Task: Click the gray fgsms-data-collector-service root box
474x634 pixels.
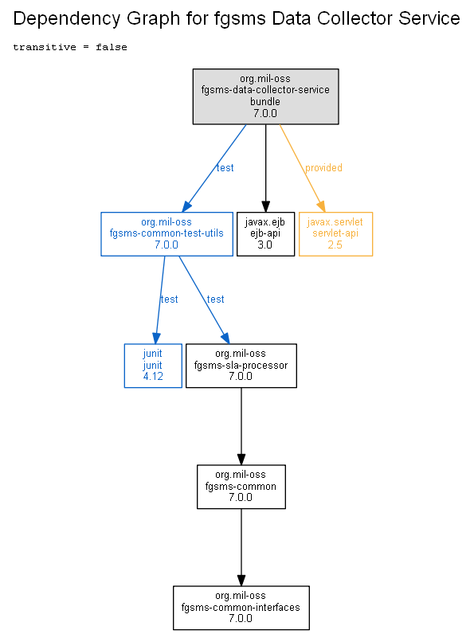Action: click(x=266, y=96)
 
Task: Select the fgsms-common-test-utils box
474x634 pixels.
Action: click(x=166, y=233)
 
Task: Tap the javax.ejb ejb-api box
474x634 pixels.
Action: click(x=265, y=233)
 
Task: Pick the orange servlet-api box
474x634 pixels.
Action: click(x=335, y=233)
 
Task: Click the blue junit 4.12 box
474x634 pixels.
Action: click(x=153, y=366)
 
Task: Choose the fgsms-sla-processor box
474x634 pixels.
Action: click(x=241, y=366)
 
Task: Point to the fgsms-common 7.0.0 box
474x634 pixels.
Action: click(x=241, y=487)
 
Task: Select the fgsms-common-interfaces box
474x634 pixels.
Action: click(x=241, y=608)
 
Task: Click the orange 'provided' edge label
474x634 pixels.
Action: click(x=323, y=168)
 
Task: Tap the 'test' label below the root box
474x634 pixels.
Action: click(x=225, y=168)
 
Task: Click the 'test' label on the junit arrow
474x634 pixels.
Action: click(x=169, y=299)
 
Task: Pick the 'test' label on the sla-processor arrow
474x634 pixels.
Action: click(x=215, y=299)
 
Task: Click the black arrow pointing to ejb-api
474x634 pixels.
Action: click(x=266, y=168)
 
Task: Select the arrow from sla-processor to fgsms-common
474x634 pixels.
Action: click(x=241, y=427)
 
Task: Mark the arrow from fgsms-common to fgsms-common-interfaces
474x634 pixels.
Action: click(x=241, y=547)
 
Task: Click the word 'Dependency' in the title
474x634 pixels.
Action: click(x=67, y=19)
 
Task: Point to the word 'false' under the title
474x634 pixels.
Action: click(x=112, y=47)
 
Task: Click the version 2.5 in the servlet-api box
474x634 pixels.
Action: click(x=335, y=245)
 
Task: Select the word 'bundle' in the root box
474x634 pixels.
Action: click(x=265, y=101)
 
